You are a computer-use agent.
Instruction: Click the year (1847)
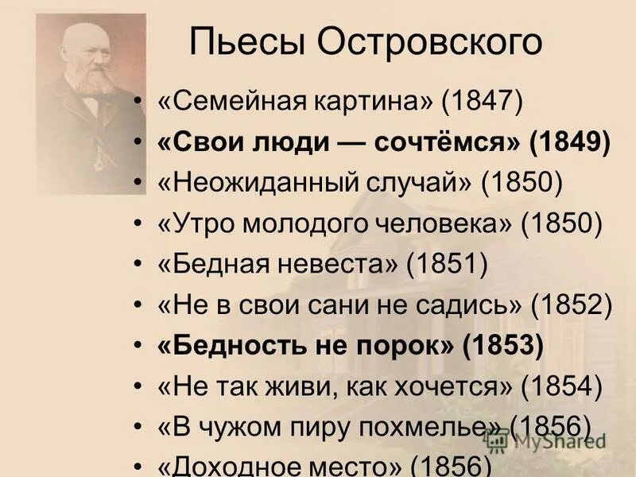[x=483, y=103]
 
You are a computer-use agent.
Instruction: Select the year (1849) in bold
[x=570, y=143]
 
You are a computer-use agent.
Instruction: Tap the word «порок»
[x=405, y=346]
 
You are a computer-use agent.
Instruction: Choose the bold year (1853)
[x=502, y=346]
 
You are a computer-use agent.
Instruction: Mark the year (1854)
[x=561, y=386]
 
